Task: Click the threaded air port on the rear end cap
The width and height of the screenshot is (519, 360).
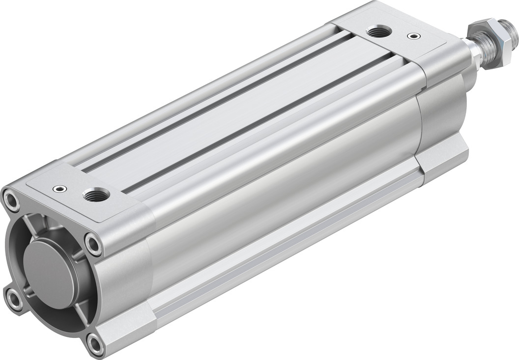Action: click(x=93, y=196)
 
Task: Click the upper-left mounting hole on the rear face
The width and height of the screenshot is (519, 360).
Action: click(x=10, y=199)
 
